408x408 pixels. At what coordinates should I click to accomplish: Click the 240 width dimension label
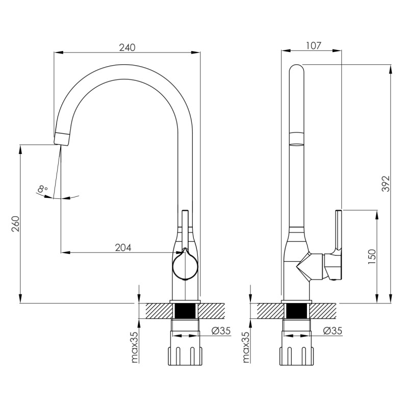click(x=127, y=47)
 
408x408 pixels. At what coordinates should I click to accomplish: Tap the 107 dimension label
click(x=313, y=45)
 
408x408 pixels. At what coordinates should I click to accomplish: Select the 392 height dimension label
click(x=386, y=184)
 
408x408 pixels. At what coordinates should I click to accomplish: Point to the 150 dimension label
click(x=372, y=257)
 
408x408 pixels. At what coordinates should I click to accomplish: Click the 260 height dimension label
click(x=15, y=223)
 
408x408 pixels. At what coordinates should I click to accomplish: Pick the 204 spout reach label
click(x=123, y=247)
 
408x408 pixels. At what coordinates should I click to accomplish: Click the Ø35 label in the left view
click(x=221, y=330)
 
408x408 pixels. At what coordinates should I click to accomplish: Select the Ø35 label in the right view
click(x=333, y=330)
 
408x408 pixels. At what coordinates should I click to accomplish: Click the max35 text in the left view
click(x=135, y=347)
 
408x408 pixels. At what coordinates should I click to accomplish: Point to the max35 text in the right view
click(x=246, y=347)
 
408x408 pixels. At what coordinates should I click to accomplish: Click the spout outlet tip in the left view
click(x=62, y=139)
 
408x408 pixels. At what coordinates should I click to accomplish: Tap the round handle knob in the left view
click(x=185, y=265)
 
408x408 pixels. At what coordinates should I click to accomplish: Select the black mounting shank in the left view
click(x=185, y=311)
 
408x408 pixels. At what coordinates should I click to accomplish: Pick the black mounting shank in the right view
click(x=296, y=311)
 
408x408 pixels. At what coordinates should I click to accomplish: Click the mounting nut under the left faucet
click(x=185, y=355)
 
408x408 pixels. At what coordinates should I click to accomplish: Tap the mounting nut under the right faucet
click(x=297, y=355)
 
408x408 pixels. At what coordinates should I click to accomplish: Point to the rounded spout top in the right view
click(x=297, y=70)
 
